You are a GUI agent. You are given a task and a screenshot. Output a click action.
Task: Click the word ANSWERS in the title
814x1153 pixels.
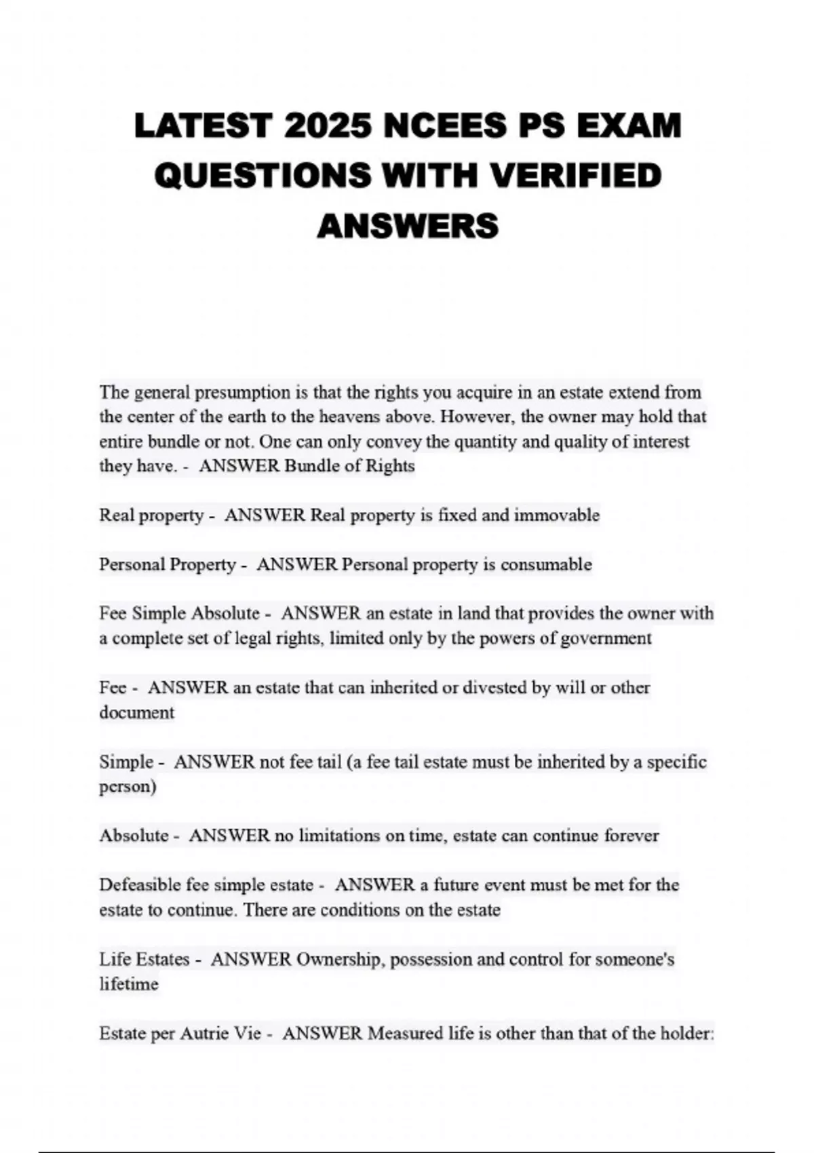(408, 225)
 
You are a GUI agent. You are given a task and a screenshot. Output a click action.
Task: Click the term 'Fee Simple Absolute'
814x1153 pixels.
(179, 614)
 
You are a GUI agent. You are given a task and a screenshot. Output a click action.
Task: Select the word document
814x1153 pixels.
(136, 713)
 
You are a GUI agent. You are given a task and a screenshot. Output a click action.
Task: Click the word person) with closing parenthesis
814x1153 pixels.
(128, 787)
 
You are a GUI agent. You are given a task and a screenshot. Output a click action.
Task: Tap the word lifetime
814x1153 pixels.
(129, 984)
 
